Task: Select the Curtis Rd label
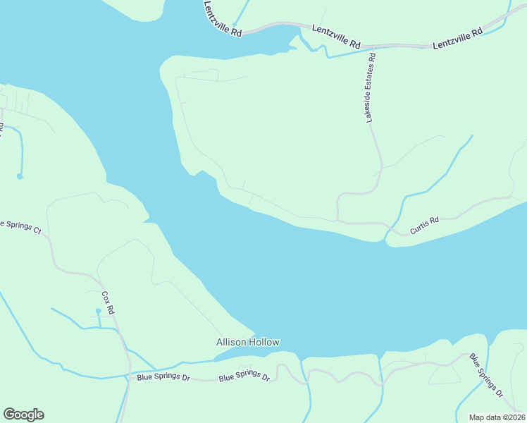pos(426,221)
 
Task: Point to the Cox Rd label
pos(108,303)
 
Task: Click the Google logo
pos(23,415)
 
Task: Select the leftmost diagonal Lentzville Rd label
pos(222,19)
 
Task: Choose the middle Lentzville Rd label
pos(336,37)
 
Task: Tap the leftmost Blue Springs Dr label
pos(163,378)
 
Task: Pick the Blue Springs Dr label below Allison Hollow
pos(244,376)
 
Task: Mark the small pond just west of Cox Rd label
pos(98,311)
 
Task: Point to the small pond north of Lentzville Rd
pos(235,24)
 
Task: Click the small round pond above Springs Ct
pos(20,176)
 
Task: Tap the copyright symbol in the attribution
pos(502,417)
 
